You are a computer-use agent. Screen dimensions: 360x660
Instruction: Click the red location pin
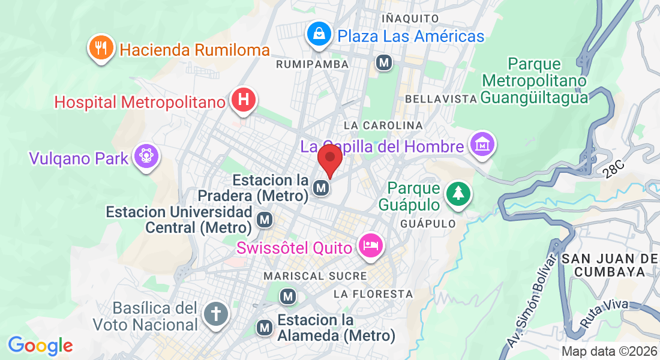[329, 159]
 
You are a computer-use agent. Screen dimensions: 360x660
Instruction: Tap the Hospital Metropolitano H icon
[243, 100]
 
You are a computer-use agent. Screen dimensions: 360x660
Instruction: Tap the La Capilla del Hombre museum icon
[482, 144]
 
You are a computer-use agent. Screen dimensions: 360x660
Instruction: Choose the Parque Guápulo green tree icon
[458, 193]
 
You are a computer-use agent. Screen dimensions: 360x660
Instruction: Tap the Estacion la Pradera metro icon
[322, 188]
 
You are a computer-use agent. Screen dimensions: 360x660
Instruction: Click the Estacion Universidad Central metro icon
[265, 220]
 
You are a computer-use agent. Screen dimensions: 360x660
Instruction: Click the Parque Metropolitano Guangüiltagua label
[534, 80]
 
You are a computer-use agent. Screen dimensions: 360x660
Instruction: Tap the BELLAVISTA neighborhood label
[441, 98]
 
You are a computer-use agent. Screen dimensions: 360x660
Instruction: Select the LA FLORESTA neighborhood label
[373, 294]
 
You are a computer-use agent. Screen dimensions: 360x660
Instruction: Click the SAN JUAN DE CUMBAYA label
[610, 265]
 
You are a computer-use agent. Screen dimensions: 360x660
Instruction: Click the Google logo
[40, 346]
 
